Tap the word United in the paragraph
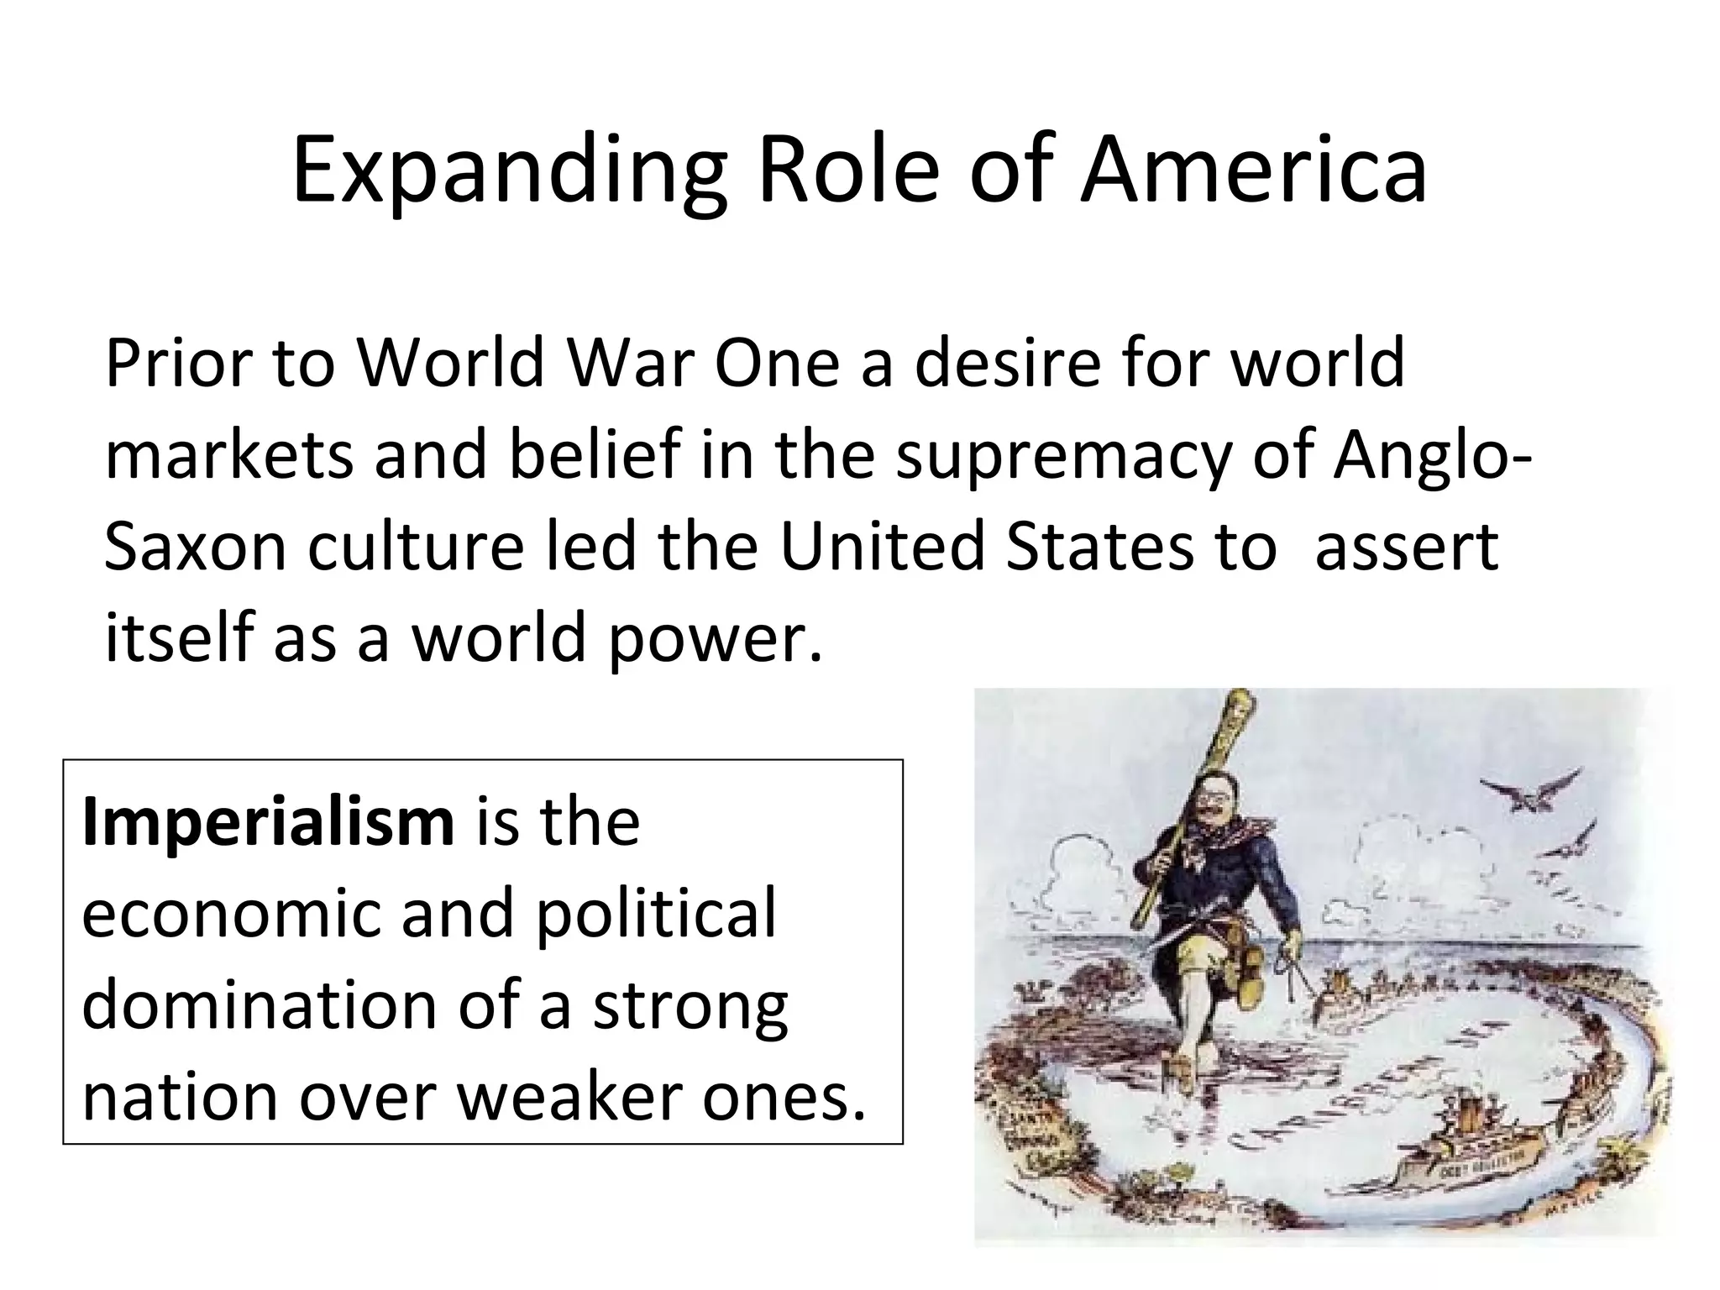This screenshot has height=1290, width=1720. point(881,547)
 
